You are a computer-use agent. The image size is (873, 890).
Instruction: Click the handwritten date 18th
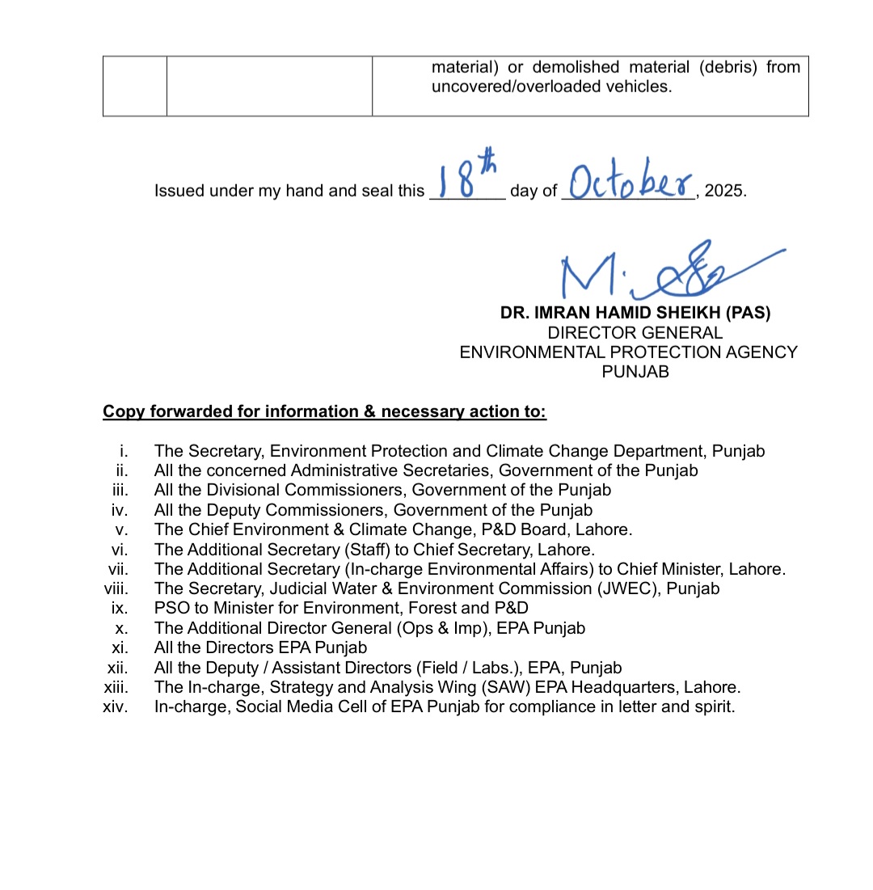pyautogui.click(x=466, y=180)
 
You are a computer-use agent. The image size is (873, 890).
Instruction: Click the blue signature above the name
pyautogui.click(x=663, y=271)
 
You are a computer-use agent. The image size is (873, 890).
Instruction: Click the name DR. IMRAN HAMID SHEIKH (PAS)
pyautogui.click(x=635, y=314)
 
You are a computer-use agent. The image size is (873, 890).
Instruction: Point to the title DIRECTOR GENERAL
pyautogui.click(x=635, y=333)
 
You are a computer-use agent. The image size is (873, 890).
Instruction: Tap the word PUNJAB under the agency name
pyautogui.click(x=635, y=373)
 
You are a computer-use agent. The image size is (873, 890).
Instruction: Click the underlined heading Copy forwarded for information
pyautogui.click(x=324, y=412)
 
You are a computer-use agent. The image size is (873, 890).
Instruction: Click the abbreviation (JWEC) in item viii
pyautogui.click(x=623, y=588)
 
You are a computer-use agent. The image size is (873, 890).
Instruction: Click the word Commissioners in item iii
pyautogui.click(x=320, y=490)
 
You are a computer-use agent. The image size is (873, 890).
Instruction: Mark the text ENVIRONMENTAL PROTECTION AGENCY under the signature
pyautogui.click(x=628, y=352)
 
